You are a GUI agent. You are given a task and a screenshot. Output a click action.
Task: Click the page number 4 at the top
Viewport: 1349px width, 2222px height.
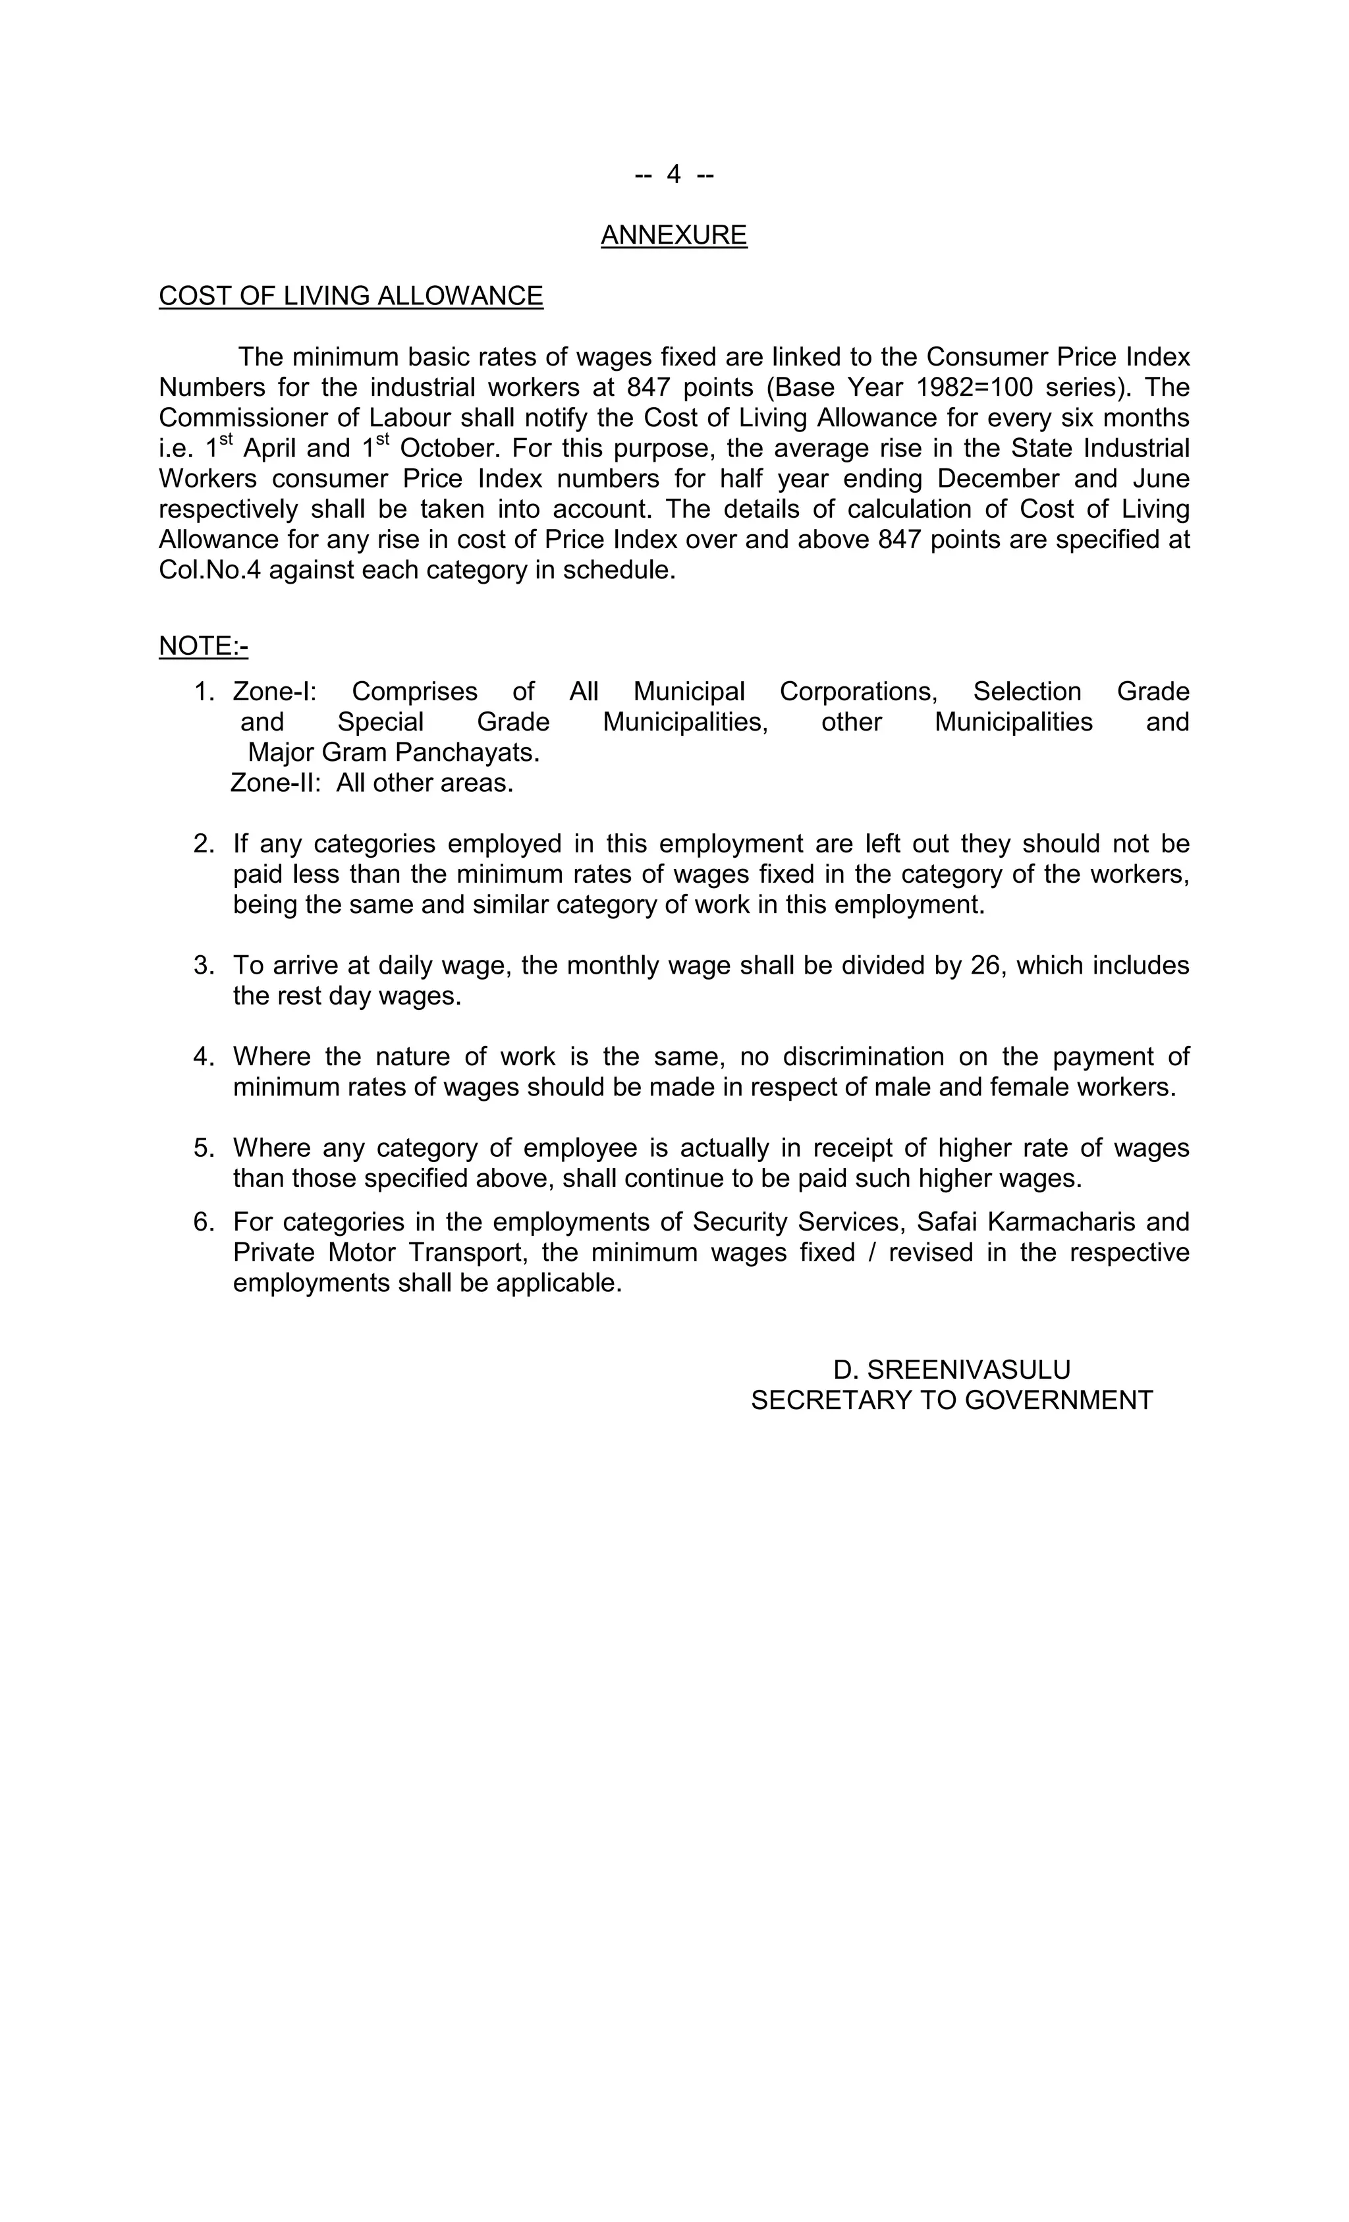click(674, 174)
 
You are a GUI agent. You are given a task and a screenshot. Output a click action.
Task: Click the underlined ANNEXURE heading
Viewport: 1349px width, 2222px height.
click(674, 235)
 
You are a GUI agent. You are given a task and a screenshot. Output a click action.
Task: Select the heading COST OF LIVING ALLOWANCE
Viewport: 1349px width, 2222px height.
click(351, 296)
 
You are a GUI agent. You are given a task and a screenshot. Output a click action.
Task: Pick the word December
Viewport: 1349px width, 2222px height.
click(998, 479)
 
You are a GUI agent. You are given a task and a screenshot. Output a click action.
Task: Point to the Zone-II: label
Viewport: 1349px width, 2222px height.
click(276, 783)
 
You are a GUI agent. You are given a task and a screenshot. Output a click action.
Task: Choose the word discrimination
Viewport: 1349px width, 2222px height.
click(863, 1057)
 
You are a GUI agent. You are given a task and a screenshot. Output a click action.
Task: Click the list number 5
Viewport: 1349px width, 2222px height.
click(203, 1148)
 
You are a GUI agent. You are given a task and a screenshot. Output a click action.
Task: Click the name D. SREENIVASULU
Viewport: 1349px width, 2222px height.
click(951, 1370)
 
